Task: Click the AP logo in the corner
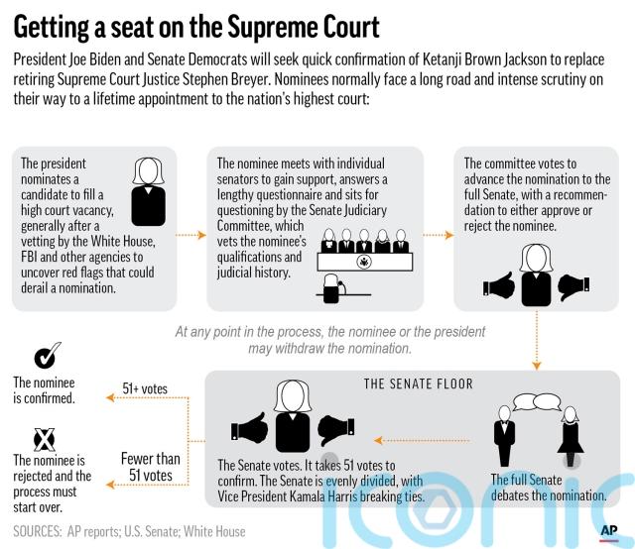608,533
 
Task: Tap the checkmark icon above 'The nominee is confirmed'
48,355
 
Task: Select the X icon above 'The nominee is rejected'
44,440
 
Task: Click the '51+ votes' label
145,388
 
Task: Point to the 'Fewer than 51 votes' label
150,467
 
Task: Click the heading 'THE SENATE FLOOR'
419,384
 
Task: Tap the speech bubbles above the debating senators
537,402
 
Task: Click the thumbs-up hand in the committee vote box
499,284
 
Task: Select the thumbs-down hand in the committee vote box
573,286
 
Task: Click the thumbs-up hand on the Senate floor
249,428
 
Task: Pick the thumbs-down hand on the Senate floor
336,430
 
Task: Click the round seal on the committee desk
364,263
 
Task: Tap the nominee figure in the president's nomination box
148,191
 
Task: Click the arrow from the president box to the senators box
190,235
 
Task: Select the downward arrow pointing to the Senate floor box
537,341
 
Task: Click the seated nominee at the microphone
333,288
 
